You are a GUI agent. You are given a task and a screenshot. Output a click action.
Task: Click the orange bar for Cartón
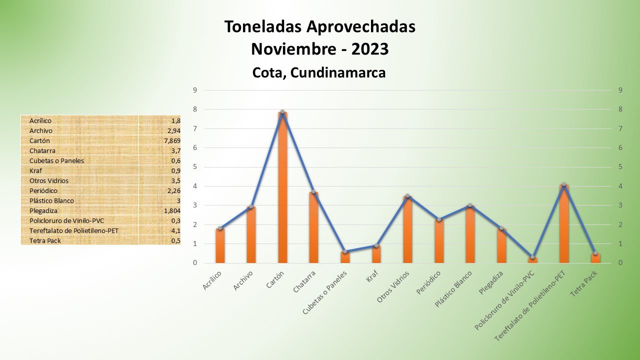tap(282, 190)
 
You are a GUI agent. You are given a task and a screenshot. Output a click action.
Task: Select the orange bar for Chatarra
tap(313, 227)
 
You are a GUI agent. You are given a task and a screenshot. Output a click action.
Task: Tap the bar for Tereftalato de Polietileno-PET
tap(564, 225)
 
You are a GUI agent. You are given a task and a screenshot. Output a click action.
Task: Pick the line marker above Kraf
tap(376, 245)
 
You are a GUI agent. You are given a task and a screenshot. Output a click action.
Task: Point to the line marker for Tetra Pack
tap(595, 253)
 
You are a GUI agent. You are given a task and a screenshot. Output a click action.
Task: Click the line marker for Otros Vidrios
tap(407, 196)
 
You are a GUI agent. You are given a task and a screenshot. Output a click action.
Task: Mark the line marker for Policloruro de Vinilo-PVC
tap(532, 257)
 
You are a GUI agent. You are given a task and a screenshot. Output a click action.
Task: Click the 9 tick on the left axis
tap(195, 90)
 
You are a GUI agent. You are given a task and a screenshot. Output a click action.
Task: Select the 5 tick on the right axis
tap(620, 167)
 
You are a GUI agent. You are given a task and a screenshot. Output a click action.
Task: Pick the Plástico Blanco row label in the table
tap(51, 200)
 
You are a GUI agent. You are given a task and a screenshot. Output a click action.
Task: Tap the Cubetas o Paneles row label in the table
tap(56, 160)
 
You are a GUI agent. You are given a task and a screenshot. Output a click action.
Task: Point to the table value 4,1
tap(175, 230)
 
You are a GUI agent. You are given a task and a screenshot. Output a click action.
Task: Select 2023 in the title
tap(369, 49)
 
